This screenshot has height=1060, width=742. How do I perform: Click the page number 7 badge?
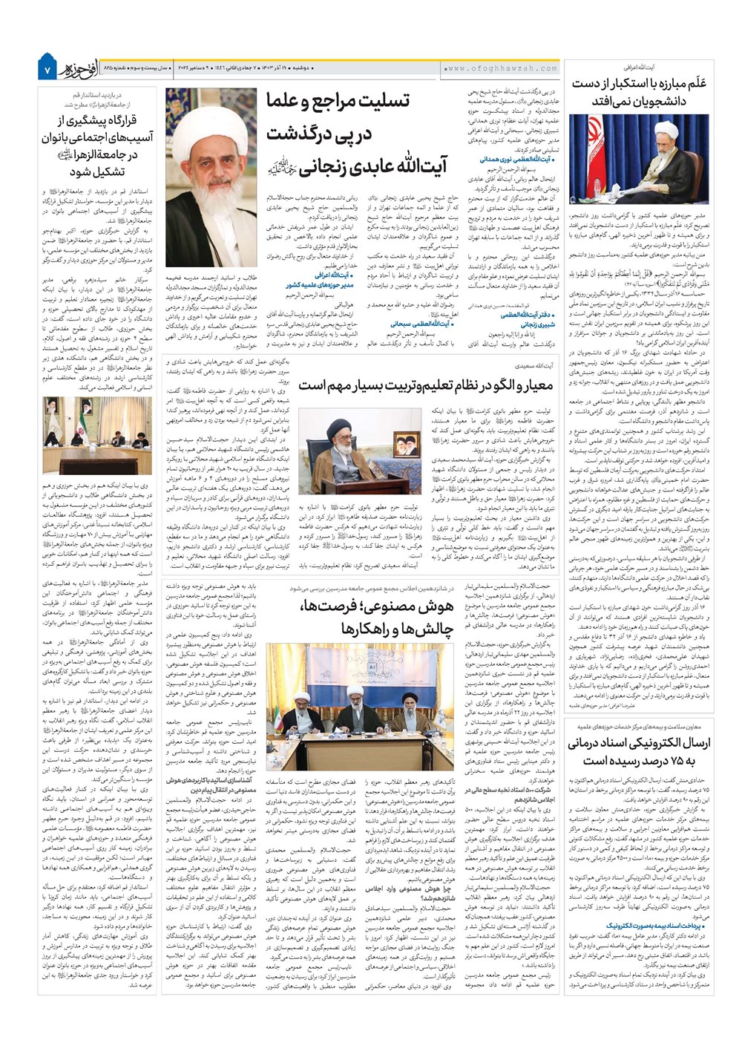coord(46,68)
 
